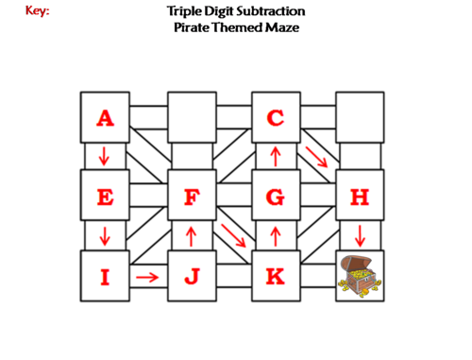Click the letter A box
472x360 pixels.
[105, 117]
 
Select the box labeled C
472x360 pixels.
[276, 117]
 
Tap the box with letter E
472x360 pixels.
[105, 197]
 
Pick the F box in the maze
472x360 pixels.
[192, 197]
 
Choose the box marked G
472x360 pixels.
[276, 197]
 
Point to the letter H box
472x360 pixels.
[360, 197]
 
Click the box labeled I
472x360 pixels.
[105, 276]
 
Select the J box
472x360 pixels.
[192, 276]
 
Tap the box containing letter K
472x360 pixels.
[276, 276]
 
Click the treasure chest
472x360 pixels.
[360, 276]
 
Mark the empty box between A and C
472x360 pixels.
[192, 117]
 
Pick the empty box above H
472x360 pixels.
[360, 117]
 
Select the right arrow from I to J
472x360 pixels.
[147, 277]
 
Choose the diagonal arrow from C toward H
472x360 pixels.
[317, 157]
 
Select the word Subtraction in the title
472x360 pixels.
[265, 11]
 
